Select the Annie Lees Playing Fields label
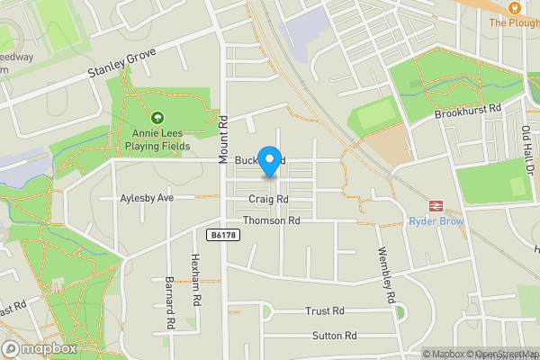tap(157, 138)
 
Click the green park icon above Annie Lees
tap(158, 117)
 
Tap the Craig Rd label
tap(269, 199)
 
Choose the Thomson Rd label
tap(271, 220)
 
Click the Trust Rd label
tap(325, 310)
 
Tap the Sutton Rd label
tap(334, 336)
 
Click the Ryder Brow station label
tap(436, 221)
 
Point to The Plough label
tap(513, 22)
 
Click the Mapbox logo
tap(39, 348)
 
